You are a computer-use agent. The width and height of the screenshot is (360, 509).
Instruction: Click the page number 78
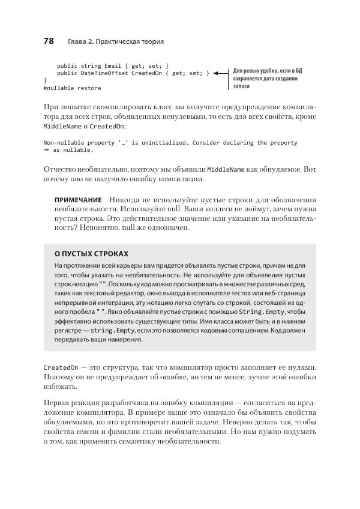pyautogui.click(x=49, y=41)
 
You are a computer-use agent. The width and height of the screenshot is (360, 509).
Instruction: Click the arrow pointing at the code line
pyautogui.click(x=222, y=73)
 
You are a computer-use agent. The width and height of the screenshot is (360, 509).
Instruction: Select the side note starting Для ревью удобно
pyautogui.click(x=268, y=78)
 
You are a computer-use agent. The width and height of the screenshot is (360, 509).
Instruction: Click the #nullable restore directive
pyautogui.click(x=72, y=88)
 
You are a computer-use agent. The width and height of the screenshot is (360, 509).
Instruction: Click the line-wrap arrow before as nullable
pyautogui.click(x=47, y=151)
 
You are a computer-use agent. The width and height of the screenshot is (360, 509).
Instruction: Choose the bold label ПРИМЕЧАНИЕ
pyautogui.click(x=78, y=199)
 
